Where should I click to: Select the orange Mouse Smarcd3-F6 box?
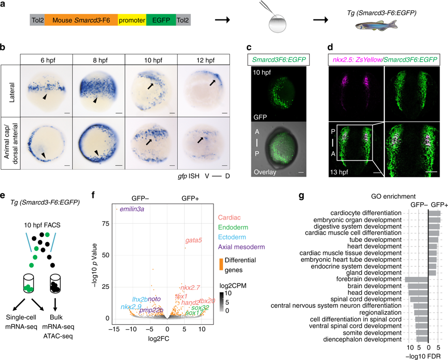tap(82, 20)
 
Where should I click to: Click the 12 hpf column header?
tap(203, 59)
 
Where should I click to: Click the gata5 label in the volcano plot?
tap(194, 240)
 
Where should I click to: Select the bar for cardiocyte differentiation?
tap(435, 213)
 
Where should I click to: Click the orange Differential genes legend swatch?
tap(222, 264)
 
